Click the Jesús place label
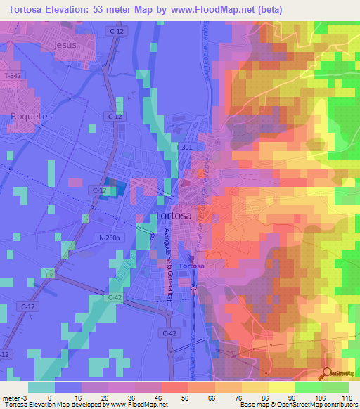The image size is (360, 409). coord(65,44)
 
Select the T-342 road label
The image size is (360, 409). coord(13,75)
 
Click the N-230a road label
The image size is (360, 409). coord(110,238)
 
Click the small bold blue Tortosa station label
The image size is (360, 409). coord(191,266)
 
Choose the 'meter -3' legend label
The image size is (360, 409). coord(13,398)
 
